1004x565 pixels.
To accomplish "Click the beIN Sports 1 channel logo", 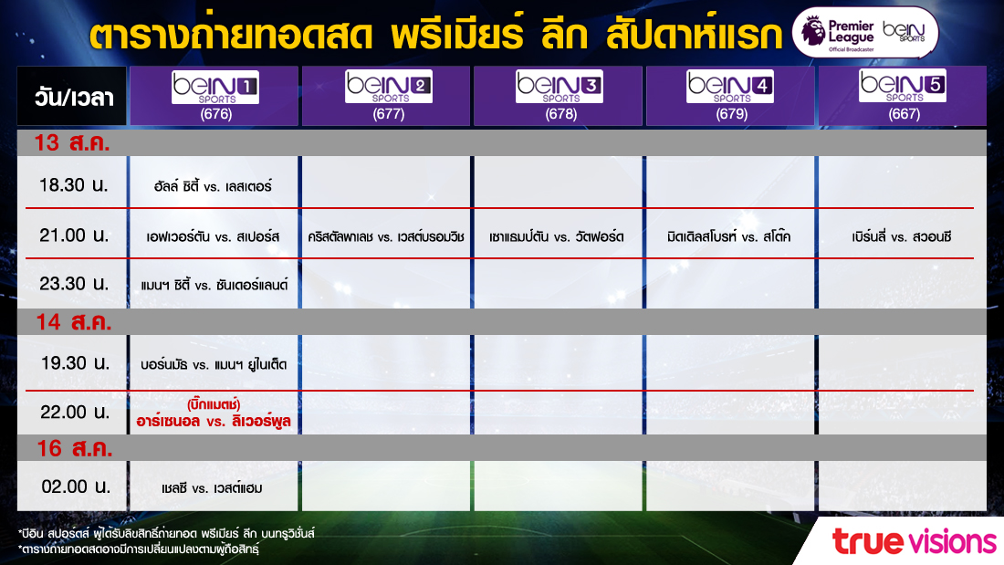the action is tap(215, 87).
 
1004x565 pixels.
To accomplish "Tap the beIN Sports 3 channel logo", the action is tap(559, 87).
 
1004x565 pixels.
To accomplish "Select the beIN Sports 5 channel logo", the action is tap(902, 86).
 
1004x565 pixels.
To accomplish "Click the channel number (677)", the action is tap(389, 114).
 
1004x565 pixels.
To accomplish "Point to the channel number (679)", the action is tap(732, 114).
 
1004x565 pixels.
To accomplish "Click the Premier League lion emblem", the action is tap(813, 31).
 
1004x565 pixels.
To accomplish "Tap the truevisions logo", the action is tap(915, 541).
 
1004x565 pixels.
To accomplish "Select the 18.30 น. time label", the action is tap(73, 185).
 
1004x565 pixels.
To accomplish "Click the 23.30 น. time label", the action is tap(74, 283).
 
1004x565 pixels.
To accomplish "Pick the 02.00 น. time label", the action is tap(76, 487).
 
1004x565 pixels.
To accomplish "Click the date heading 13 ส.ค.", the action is tap(72, 142).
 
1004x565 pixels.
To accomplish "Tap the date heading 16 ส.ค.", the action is tap(74, 448).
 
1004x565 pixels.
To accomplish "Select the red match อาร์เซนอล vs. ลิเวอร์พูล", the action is tap(214, 422).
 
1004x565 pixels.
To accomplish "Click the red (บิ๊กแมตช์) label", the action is tap(214, 405).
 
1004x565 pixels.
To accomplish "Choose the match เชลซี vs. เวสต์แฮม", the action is tap(212, 488).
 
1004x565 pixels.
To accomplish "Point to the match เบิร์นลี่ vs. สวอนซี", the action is tap(902, 237).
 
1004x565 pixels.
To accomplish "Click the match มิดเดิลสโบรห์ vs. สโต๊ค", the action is tap(728, 237).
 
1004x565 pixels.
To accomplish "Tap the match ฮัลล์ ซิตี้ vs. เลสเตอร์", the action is tap(213, 186).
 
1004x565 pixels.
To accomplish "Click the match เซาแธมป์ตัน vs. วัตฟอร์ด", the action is tap(557, 237).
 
